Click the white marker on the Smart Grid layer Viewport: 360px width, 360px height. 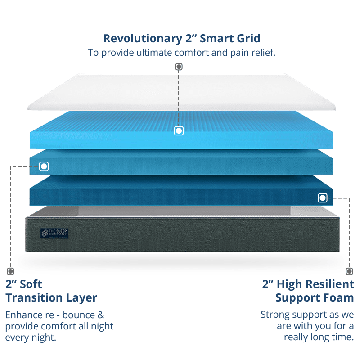[179, 131]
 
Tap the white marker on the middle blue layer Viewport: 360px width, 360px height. [44, 166]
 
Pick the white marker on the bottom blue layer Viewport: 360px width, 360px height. [322, 198]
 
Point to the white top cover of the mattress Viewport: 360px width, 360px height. [180, 92]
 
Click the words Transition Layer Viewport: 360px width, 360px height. [51, 297]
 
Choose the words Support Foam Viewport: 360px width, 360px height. [315, 297]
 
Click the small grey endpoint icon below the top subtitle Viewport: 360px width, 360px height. [179, 67]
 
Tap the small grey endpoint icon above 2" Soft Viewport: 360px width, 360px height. [10, 271]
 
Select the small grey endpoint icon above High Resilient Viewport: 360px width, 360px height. [349, 271]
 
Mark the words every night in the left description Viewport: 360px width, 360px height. [31, 337]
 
